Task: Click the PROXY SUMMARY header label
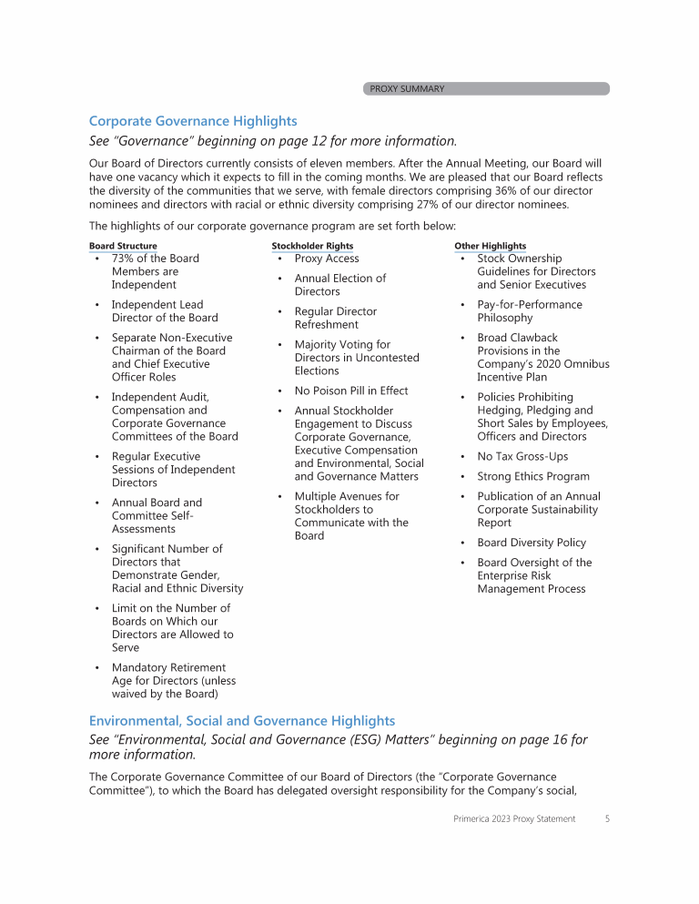[x=407, y=89]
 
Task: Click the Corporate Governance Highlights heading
[x=193, y=121]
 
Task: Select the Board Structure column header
[x=123, y=246]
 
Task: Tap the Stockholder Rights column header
[x=312, y=246]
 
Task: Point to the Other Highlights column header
[x=490, y=246]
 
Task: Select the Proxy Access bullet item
[x=326, y=259]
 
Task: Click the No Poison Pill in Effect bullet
[x=350, y=391]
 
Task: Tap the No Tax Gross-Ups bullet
[x=522, y=456]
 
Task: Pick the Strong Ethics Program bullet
[x=532, y=476]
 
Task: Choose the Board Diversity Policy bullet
[x=532, y=543]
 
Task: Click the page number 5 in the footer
[x=606, y=818]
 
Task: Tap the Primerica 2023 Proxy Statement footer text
[x=514, y=818]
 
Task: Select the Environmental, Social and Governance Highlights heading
[x=242, y=720]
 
